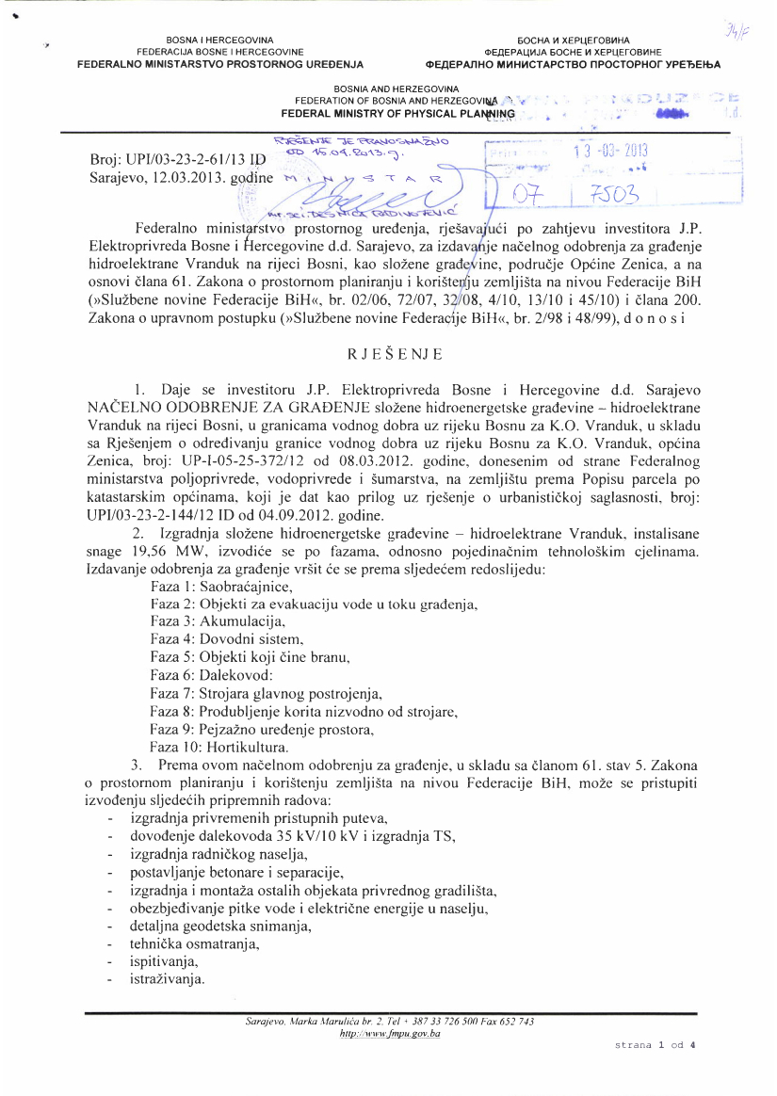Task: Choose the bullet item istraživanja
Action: (168, 980)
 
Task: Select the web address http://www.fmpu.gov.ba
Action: (389, 1033)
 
